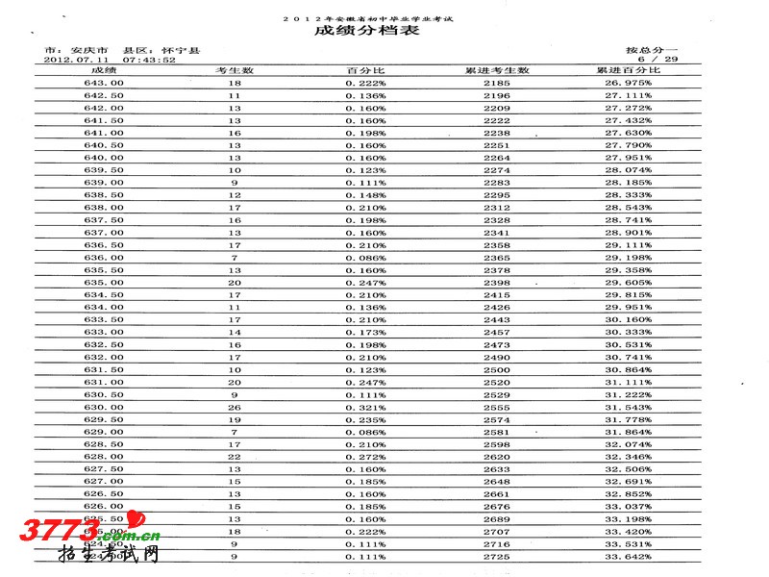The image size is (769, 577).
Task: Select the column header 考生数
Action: click(x=234, y=71)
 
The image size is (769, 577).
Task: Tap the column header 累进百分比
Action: click(x=628, y=71)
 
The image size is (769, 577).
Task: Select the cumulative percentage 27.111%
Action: click(x=628, y=96)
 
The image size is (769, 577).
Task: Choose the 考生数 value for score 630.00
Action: click(x=234, y=408)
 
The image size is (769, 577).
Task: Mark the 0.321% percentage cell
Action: click(x=365, y=408)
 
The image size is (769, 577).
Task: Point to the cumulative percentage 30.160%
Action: click(x=628, y=320)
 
